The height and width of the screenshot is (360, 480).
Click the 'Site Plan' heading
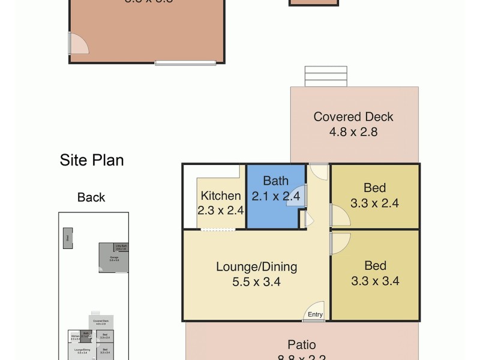click(x=91, y=160)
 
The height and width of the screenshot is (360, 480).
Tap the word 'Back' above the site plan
click(x=91, y=197)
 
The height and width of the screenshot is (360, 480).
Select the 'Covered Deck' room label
click(x=353, y=117)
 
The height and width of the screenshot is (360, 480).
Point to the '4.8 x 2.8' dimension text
click(x=353, y=132)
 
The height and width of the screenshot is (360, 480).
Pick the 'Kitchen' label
click(x=221, y=196)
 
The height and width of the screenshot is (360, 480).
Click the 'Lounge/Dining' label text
click(x=257, y=267)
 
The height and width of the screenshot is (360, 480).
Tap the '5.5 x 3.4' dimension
click(x=257, y=281)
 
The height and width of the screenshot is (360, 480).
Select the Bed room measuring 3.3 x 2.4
click(x=375, y=196)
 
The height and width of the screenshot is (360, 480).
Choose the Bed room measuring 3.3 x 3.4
click(x=375, y=273)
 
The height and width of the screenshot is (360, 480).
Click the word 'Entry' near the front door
click(x=315, y=314)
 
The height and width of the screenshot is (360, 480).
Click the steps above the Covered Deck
click(x=317, y=76)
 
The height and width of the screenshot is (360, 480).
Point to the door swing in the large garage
click(x=78, y=43)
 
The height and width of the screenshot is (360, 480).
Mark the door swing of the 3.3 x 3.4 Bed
click(x=339, y=241)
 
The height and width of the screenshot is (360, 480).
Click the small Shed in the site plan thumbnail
click(x=68, y=238)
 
